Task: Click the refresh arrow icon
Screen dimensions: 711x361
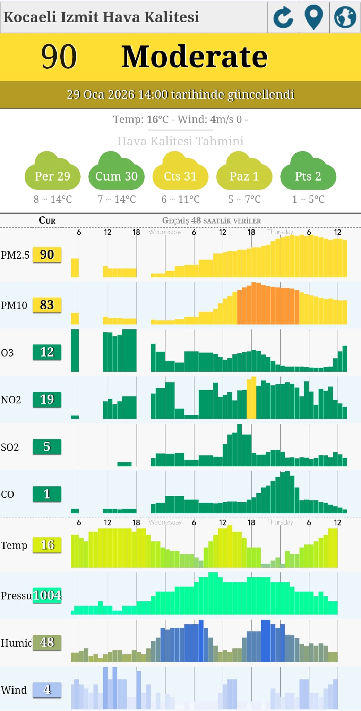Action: point(283,17)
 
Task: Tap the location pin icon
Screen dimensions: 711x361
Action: point(314,17)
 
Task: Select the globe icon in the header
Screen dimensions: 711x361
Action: point(345,17)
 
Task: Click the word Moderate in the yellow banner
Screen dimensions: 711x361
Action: point(195,57)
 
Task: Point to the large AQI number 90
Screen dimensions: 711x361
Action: point(59,57)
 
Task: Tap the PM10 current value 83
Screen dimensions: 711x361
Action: point(47,305)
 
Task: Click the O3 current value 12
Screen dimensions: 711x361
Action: point(47,352)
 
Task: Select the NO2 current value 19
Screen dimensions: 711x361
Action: point(47,400)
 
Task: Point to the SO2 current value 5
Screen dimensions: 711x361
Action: point(47,447)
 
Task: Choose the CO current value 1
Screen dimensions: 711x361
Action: point(47,494)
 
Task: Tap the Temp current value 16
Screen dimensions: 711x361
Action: point(47,545)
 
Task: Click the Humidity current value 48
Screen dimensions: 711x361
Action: point(47,643)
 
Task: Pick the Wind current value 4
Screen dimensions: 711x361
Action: point(47,690)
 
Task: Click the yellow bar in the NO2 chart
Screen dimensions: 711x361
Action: point(251,399)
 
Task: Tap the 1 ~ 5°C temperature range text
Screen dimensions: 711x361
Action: point(308,199)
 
